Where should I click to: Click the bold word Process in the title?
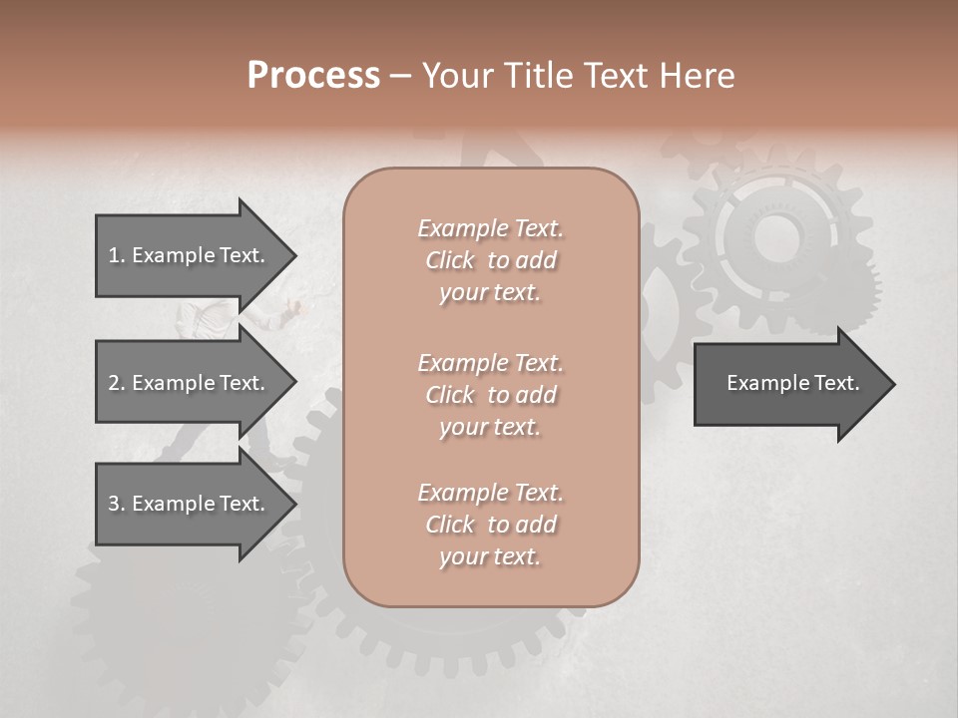click(313, 76)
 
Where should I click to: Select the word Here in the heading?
click(695, 76)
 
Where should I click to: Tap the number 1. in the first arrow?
click(117, 255)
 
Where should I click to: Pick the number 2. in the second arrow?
click(117, 383)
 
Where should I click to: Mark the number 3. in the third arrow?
click(117, 504)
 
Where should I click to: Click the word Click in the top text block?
click(450, 260)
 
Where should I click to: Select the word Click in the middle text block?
click(450, 395)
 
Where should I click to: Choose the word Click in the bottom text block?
click(450, 525)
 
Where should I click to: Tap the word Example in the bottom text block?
click(462, 493)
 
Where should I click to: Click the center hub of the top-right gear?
click(771, 238)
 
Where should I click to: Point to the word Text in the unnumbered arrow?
click(836, 383)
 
